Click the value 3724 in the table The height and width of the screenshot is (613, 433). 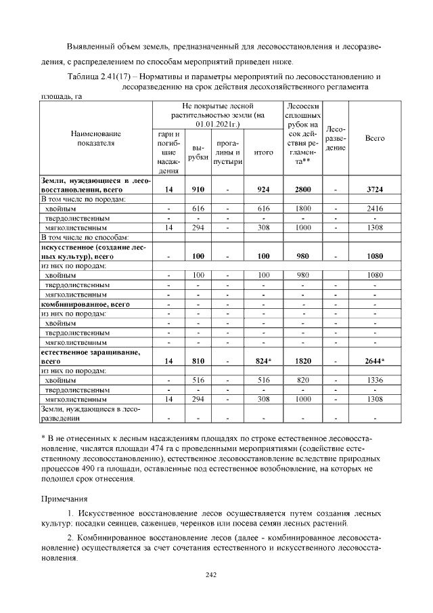pyautogui.click(x=375, y=190)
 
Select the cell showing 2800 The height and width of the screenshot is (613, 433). pyautogui.click(x=298, y=190)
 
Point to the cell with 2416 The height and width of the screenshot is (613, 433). pyautogui.click(x=375, y=209)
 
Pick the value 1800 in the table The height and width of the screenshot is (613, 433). pyautogui.click(x=298, y=209)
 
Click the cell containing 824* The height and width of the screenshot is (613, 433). pyautogui.click(x=259, y=361)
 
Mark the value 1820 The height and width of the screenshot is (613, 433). pyautogui.click(x=298, y=361)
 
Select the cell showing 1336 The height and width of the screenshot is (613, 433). pyautogui.click(x=375, y=381)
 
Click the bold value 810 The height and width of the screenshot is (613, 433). pyautogui.click(x=198, y=361)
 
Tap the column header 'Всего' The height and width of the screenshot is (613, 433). pyautogui.click(x=375, y=138)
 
